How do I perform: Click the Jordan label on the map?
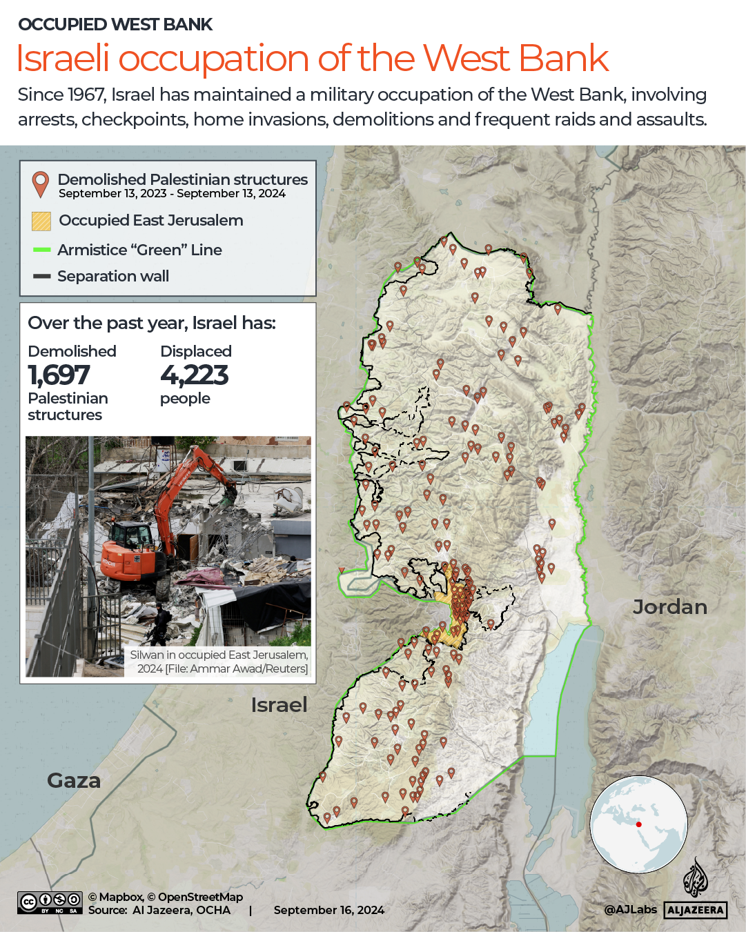coord(670,607)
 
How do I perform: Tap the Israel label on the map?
coord(279,705)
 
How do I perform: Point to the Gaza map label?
coord(74,781)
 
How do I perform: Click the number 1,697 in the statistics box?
coord(59,375)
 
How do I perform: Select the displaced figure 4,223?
coord(194,375)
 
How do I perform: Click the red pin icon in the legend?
coord(41,184)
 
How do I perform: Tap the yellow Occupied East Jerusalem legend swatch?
coord(41,221)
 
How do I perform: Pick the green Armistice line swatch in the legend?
coord(41,250)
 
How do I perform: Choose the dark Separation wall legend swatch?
coord(41,276)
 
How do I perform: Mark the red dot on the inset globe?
coord(639,824)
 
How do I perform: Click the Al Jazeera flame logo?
coord(696,878)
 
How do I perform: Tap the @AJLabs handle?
coord(630,910)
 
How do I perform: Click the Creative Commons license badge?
coord(50,902)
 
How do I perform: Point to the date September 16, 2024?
coord(329,910)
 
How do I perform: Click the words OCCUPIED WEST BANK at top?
coord(115,25)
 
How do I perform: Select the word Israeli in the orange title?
coord(63,59)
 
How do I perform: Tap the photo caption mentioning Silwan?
coord(219,662)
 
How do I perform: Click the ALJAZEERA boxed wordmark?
coord(696,911)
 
